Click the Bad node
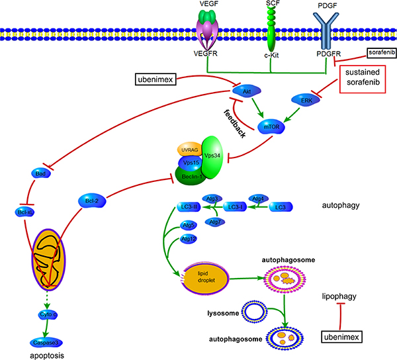pos(40,173)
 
